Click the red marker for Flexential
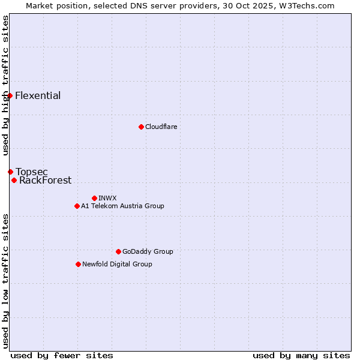click(x=10, y=96)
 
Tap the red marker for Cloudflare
click(x=141, y=127)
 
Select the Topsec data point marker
click(x=10, y=172)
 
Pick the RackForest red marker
click(x=14, y=180)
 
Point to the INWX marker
click(x=94, y=198)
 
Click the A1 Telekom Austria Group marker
click(x=77, y=206)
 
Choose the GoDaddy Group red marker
click(x=118, y=251)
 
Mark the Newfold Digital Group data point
click(x=78, y=264)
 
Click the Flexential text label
click(x=38, y=96)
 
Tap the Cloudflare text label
click(x=161, y=127)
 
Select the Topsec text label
click(x=32, y=172)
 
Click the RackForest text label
click(x=45, y=181)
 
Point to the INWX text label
click(x=107, y=198)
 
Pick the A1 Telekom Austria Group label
click(x=122, y=206)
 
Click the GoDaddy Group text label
click(x=148, y=251)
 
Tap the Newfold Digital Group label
click(x=117, y=264)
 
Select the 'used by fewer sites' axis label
click(x=62, y=355)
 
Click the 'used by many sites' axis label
click(x=301, y=355)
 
